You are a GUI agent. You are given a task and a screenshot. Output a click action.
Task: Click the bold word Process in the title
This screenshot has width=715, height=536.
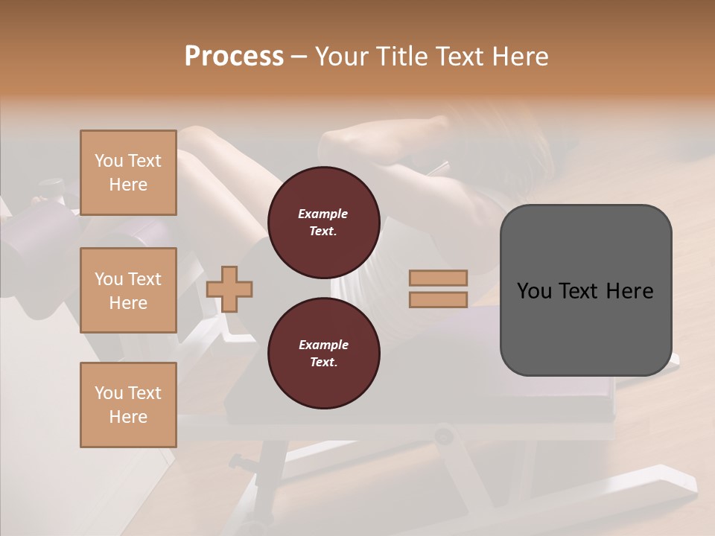coord(234,57)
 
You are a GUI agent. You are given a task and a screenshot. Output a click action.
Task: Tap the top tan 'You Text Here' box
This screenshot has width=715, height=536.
coord(128,173)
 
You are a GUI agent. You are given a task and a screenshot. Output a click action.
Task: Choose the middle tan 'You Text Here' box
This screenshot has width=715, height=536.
coord(128,290)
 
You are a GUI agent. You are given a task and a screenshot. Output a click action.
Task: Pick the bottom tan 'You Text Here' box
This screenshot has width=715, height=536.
coord(128,405)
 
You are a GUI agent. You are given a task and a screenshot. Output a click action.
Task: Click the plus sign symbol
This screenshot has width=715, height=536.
coord(229,288)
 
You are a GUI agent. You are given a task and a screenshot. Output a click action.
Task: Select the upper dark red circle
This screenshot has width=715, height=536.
coord(323,223)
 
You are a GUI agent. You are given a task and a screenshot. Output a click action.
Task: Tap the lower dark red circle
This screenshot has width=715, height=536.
coord(323,354)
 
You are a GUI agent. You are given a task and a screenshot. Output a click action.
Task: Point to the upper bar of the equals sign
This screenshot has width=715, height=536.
coord(438,278)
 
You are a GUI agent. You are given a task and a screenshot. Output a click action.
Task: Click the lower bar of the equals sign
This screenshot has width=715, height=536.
coord(438,299)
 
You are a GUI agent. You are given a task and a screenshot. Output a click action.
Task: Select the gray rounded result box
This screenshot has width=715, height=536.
coord(585,290)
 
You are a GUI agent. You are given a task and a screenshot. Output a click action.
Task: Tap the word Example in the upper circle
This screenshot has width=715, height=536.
coord(323,214)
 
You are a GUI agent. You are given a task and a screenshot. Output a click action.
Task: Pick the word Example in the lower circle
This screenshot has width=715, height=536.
coord(323,345)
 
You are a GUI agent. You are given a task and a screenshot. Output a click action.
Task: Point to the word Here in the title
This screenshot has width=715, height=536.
coord(520,57)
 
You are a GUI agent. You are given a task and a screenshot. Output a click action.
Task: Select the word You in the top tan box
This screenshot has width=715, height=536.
coord(109,161)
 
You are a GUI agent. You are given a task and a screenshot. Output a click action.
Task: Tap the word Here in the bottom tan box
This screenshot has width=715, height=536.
coord(128,417)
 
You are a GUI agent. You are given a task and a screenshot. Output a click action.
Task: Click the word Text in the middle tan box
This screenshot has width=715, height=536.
coord(144,279)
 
